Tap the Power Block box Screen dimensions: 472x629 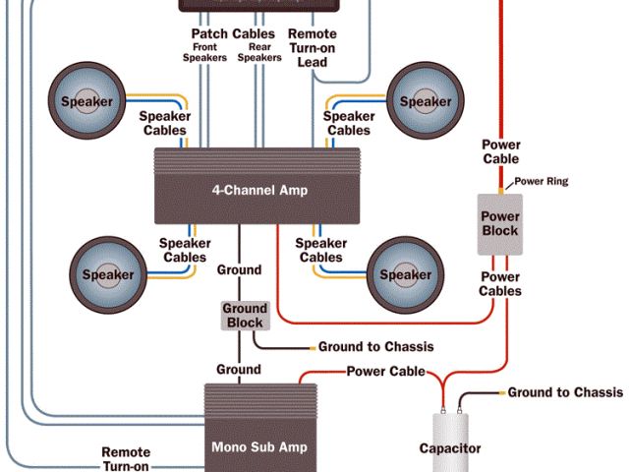pyautogui.click(x=498, y=222)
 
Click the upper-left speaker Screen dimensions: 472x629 pyautogui.click(x=87, y=101)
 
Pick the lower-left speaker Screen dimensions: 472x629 pyautogui.click(x=107, y=274)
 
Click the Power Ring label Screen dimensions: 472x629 pyautogui.click(x=542, y=181)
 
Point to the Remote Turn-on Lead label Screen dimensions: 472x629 pyautogui.click(x=313, y=47)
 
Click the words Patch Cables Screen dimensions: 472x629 pyautogui.click(x=233, y=33)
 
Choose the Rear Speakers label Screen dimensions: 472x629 pyautogui.click(x=259, y=51)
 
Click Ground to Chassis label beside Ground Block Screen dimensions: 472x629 pyautogui.click(x=375, y=347)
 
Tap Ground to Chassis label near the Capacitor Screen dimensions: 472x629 pyautogui.click(x=564, y=392)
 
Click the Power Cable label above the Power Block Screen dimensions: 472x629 pyautogui.click(x=500, y=151)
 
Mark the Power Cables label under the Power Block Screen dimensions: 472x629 pyautogui.click(x=500, y=283)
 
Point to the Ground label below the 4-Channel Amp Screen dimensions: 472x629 pyautogui.click(x=239, y=269)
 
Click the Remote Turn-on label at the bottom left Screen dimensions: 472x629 pyautogui.click(x=126, y=459)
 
